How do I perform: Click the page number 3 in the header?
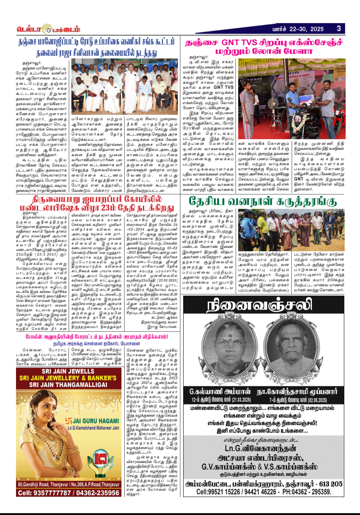[x=339, y=29]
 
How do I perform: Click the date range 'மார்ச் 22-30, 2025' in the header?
[x=298, y=29]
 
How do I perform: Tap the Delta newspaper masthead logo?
[x=48, y=29]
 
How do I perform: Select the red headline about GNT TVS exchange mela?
[x=263, y=47]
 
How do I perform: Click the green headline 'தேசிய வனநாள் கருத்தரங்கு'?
[x=263, y=201]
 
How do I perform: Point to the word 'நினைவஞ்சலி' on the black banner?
[x=259, y=305]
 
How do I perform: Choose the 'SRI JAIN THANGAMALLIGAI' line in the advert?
[x=68, y=385]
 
